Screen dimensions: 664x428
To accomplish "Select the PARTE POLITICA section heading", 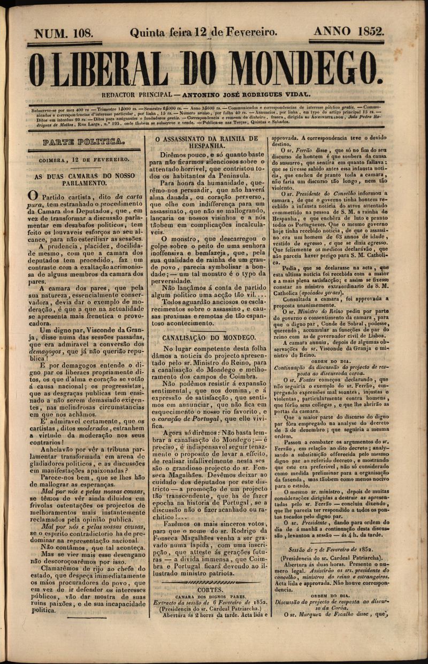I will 84,143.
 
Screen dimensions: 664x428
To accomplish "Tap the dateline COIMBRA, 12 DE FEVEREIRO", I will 84,160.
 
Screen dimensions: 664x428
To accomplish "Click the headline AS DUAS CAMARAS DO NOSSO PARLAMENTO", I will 85,179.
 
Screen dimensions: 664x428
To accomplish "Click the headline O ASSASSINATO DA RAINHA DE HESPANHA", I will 206,142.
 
